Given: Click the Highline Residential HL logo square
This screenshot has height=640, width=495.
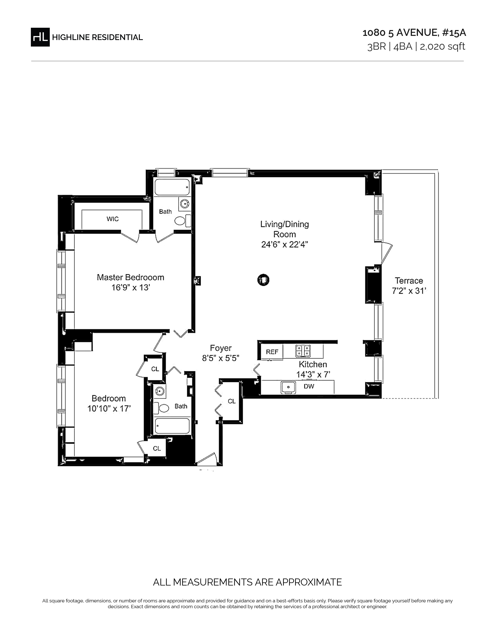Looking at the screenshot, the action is point(40,37).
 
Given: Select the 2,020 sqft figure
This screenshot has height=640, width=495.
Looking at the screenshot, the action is point(443,47).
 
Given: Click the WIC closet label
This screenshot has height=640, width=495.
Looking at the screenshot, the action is point(113,219).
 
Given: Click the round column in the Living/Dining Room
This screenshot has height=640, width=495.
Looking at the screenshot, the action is point(263,280).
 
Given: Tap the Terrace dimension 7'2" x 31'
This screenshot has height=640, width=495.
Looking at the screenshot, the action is point(409,291).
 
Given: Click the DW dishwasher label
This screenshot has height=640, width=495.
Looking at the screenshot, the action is point(309,386).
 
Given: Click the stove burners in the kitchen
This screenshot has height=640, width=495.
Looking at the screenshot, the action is point(303,351).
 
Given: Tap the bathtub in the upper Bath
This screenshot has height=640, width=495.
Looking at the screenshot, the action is point(172,187).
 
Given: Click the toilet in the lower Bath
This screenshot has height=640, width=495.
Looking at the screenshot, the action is point(162,408).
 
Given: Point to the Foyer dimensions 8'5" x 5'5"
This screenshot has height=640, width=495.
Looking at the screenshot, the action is point(221,358).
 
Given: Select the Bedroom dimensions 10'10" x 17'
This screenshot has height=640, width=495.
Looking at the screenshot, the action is point(109,408).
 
